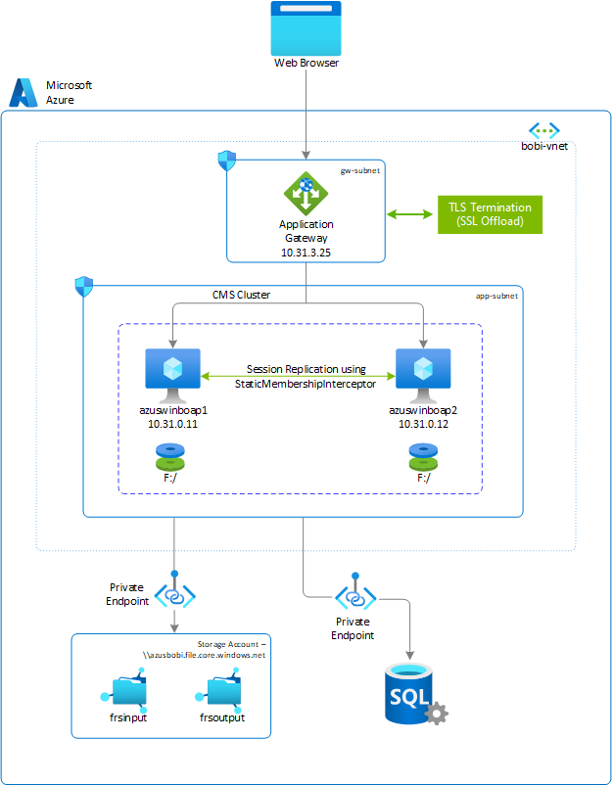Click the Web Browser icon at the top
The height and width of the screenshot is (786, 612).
(306, 28)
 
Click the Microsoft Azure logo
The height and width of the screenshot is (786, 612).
(24, 92)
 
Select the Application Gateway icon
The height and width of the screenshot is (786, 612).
(306, 194)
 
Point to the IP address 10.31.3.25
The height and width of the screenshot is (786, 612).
(306, 251)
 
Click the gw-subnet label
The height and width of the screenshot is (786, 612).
(359, 169)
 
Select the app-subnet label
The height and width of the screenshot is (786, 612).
(497, 293)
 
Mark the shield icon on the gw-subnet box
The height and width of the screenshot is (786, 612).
(227, 160)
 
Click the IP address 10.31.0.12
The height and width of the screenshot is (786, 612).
(423, 425)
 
